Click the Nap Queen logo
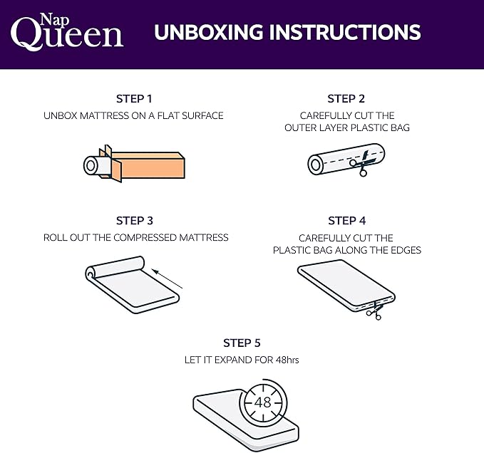pyautogui.click(x=67, y=32)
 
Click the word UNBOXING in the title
pyautogui.click(x=208, y=32)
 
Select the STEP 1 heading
pyautogui.click(x=134, y=99)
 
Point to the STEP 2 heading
pyautogui.click(x=346, y=99)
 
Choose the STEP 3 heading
pyautogui.click(x=135, y=221)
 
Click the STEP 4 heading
pyautogui.click(x=347, y=221)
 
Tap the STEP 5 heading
pyautogui.click(x=242, y=343)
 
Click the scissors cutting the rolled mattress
pyautogui.click(x=362, y=163)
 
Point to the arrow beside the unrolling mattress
pyautogui.click(x=168, y=278)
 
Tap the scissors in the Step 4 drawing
pyautogui.click(x=375, y=311)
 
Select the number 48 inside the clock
pyautogui.click(x=263, y=402)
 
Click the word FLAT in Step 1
pyautogui.click(x=168, y=115)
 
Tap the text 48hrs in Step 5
pyautogui.click(x=287, y=360)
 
